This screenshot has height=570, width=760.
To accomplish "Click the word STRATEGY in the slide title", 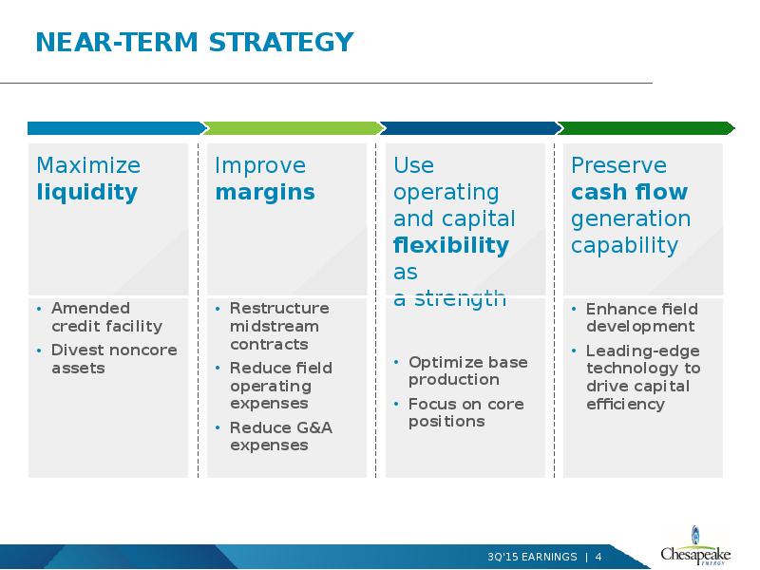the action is click(x=281, y=42).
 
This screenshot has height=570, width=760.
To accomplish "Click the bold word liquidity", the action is click(x=87, y=193).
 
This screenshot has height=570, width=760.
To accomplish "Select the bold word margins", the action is click(x=265, y=193).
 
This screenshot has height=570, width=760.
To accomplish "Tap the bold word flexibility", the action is click(x=451, y=245).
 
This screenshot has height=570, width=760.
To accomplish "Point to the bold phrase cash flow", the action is click(x=629, y=192).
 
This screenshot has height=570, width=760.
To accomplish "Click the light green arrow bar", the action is click(x=294, y=128).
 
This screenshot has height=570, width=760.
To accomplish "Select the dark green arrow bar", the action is click(x=646, y=128).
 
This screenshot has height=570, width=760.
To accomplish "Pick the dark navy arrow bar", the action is click(x=470, y=128).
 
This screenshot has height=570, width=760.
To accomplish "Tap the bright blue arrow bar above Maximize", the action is click(x=117, y=128).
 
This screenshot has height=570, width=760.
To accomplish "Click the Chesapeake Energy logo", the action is click(x=695, y=546).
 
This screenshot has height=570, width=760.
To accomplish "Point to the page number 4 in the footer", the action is click(x=598, y=557).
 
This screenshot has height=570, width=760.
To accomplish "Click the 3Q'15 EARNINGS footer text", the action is click(x=532, y=557).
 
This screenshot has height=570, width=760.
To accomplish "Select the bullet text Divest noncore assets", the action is click(x=114, y=359).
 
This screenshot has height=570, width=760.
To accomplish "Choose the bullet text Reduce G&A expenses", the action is click(x=281, y=436).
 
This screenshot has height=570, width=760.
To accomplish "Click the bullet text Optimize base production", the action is click(x=468, y=370).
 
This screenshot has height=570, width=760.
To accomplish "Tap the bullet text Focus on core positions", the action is click(x=466, y=412).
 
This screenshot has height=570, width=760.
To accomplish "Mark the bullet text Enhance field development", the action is click(x=642, y=317).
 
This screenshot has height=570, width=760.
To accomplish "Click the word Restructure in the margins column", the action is click(x=279, y=308).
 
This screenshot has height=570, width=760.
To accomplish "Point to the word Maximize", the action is click(x=88, y=165).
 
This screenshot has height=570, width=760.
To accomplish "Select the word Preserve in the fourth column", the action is click(x=619, y=165).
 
